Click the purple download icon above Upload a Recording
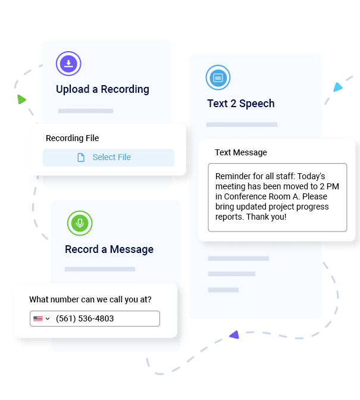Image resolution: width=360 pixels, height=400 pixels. pos(68,64)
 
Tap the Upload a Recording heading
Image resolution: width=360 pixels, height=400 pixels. pos(102,89)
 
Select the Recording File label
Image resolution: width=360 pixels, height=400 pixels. pos(72,138)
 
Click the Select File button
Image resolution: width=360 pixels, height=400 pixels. pos(108,158)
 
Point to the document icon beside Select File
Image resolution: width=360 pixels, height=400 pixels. pos(81,158)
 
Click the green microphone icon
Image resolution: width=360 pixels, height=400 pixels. pos(79,223)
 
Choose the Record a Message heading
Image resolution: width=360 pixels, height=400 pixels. pos(109,249)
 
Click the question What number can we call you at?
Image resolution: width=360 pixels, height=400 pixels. pos(90,299)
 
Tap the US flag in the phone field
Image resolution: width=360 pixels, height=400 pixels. pos(38,319)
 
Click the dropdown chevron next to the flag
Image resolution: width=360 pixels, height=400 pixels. pos(48,319)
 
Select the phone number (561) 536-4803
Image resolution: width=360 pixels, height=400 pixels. pos(84,319)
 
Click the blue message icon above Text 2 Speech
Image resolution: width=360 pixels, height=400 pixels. pos(218,77)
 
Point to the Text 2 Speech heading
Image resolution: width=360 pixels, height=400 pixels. pos(240,104)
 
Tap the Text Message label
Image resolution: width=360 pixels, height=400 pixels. pos(241,152)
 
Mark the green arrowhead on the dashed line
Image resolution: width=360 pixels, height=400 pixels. pos(21,99)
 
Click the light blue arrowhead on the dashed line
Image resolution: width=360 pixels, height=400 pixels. pos(338,87)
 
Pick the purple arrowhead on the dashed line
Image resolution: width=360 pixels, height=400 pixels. pos(234,335)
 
